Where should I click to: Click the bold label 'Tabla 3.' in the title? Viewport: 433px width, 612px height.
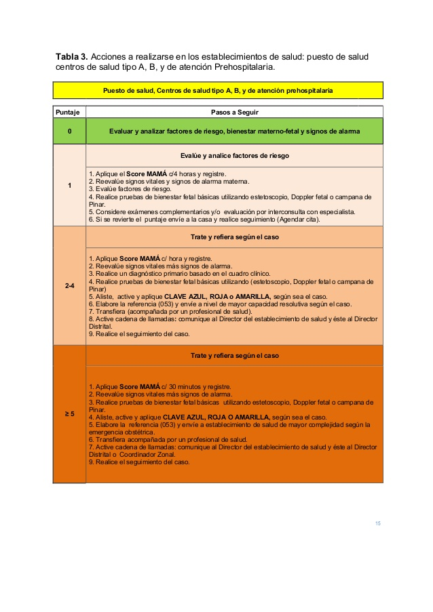tap(71, 56)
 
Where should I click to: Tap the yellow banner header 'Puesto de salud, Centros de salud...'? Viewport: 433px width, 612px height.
tap(217, 90)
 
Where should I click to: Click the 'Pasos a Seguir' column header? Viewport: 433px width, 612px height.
tap(233, 112)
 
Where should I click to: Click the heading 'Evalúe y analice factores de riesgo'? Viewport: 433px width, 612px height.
tap(234, 156)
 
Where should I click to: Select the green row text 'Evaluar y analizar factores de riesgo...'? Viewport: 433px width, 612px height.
tap(234, 131)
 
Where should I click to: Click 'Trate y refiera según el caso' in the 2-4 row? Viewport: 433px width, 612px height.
tap(234, 237)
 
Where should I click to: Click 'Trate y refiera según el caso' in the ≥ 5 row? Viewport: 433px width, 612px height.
tap(234, 355)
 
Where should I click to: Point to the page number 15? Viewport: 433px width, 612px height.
tap(378, 523)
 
